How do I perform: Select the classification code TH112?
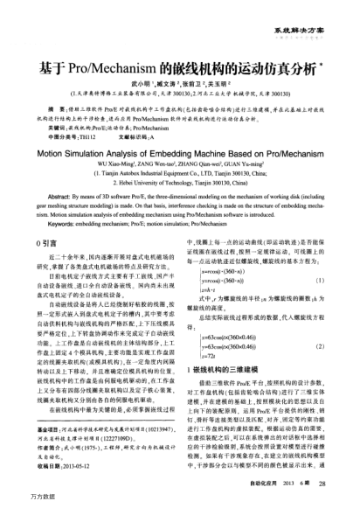pos(80,114)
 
